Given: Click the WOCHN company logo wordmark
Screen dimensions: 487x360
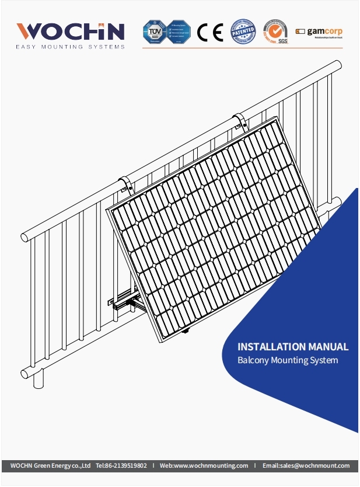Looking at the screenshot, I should point(70,30).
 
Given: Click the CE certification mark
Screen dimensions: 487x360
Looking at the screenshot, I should point(209,32).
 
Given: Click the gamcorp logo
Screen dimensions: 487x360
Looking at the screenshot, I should point(319,32).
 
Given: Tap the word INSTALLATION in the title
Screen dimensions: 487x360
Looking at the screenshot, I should point(271,347).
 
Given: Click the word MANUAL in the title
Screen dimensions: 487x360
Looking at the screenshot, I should point(328,347).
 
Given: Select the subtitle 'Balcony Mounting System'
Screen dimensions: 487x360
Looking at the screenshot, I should point(288,360).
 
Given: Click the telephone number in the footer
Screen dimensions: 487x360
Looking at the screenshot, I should point(121,465).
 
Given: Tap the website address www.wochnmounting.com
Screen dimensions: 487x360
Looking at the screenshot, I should point(204,465).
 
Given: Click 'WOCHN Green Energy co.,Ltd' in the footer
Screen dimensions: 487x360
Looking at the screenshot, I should point(51,465).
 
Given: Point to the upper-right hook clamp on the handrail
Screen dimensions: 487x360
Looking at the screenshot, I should point(239,121).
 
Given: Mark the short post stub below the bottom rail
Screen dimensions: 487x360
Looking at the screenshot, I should point(39,380).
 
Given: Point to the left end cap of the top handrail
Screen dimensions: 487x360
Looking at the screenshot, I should point(26,237).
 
